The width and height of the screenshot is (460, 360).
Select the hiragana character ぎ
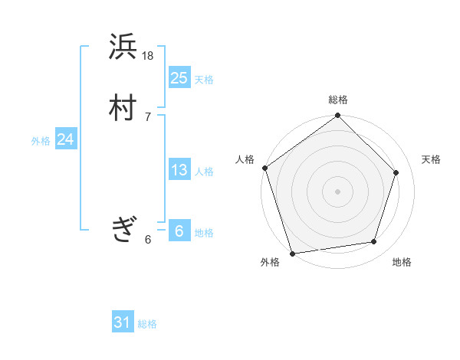[123, 229]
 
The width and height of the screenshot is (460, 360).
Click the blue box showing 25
[179, 77]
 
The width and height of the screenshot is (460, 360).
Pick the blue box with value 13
[179, 170]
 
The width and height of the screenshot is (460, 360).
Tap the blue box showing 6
[179, 231]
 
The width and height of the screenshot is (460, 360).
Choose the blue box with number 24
[66, 139]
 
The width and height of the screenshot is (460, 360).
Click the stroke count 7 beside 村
[148, 116]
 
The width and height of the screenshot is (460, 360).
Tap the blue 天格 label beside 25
[204, 80]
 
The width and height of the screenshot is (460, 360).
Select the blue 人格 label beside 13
[204, 172]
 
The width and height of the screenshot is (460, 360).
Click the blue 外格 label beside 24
[41, 141]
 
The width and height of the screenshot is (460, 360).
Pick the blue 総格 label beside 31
[147, 324]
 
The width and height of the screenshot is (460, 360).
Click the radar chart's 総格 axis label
[338, 100]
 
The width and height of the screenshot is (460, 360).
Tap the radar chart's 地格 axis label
[402, 263]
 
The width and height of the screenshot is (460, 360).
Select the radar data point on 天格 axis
[396, 172]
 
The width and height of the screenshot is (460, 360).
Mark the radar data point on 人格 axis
[265, 168]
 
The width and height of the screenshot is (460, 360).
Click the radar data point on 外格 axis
[293, 252]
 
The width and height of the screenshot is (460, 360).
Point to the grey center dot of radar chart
[337, 191]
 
